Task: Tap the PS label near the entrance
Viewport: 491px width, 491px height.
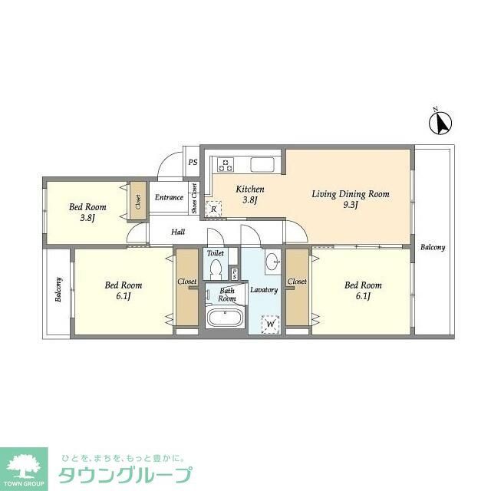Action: tap(193, 163)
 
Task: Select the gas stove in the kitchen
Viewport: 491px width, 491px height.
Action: tap(227, 163)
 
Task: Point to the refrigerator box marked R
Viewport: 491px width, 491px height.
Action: tap(213, 207)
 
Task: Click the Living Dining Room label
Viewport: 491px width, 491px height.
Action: tap(351, 199)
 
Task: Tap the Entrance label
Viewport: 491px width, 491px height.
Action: tap(169, 197)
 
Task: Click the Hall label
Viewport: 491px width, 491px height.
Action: tap(178, 232)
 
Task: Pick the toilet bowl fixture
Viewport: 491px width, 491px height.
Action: tap(216, 270)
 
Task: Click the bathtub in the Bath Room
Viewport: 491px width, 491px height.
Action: tap(226, 321)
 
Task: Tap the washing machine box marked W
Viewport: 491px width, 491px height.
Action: tap(270, 325)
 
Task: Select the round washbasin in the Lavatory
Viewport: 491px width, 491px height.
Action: tap(274, 262)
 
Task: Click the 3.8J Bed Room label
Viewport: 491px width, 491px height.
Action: tap(87, 211)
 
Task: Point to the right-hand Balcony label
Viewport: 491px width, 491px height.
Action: tap(433, 247)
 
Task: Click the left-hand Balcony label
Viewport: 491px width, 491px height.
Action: tap(58, 290)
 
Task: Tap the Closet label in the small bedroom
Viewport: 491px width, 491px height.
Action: tap(138, 203)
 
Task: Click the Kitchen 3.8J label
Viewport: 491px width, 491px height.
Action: tap(249, 195)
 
